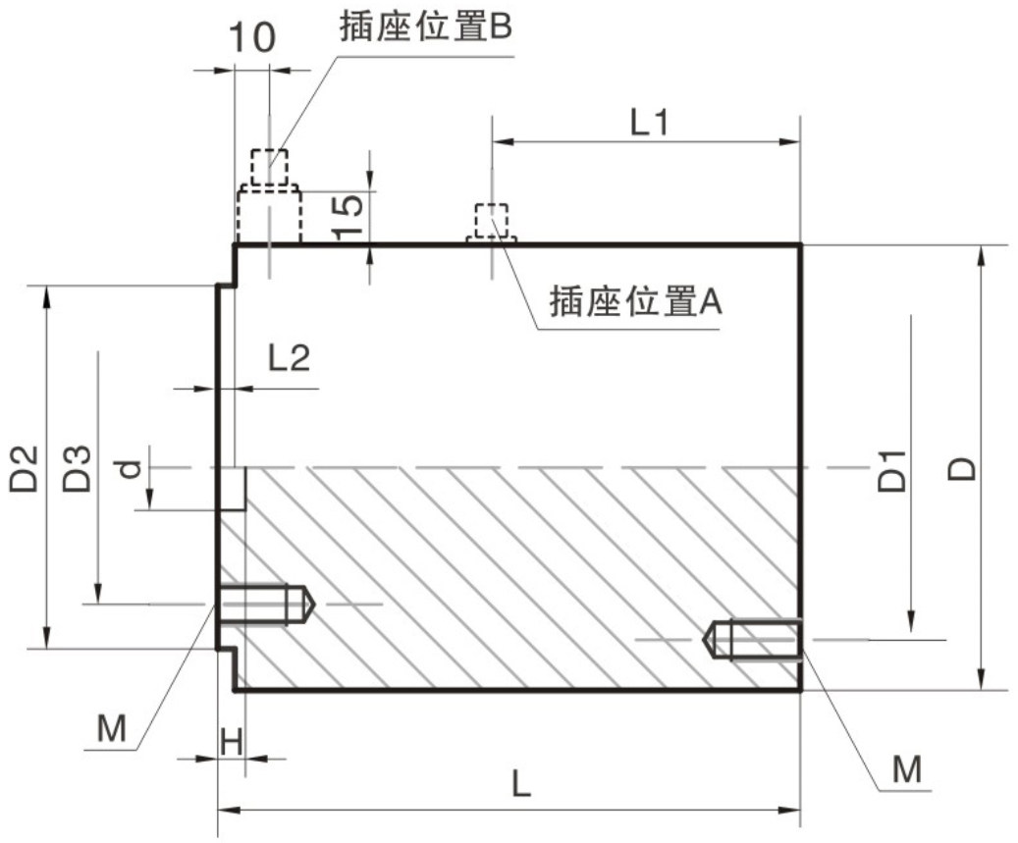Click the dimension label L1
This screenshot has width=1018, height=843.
tap(649, 123)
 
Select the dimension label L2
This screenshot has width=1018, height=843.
tap(290, 359)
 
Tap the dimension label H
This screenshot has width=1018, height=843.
tap(231, 742)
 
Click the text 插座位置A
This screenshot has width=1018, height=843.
tap(636, 301)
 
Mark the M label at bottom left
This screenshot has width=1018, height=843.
tap(112, 728)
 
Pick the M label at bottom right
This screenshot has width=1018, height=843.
tap(906, 769)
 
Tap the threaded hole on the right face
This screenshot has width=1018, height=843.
tap(754, 639)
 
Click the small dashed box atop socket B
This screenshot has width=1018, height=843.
tap(269, 167)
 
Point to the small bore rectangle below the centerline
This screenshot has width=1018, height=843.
tap(232, 489)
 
